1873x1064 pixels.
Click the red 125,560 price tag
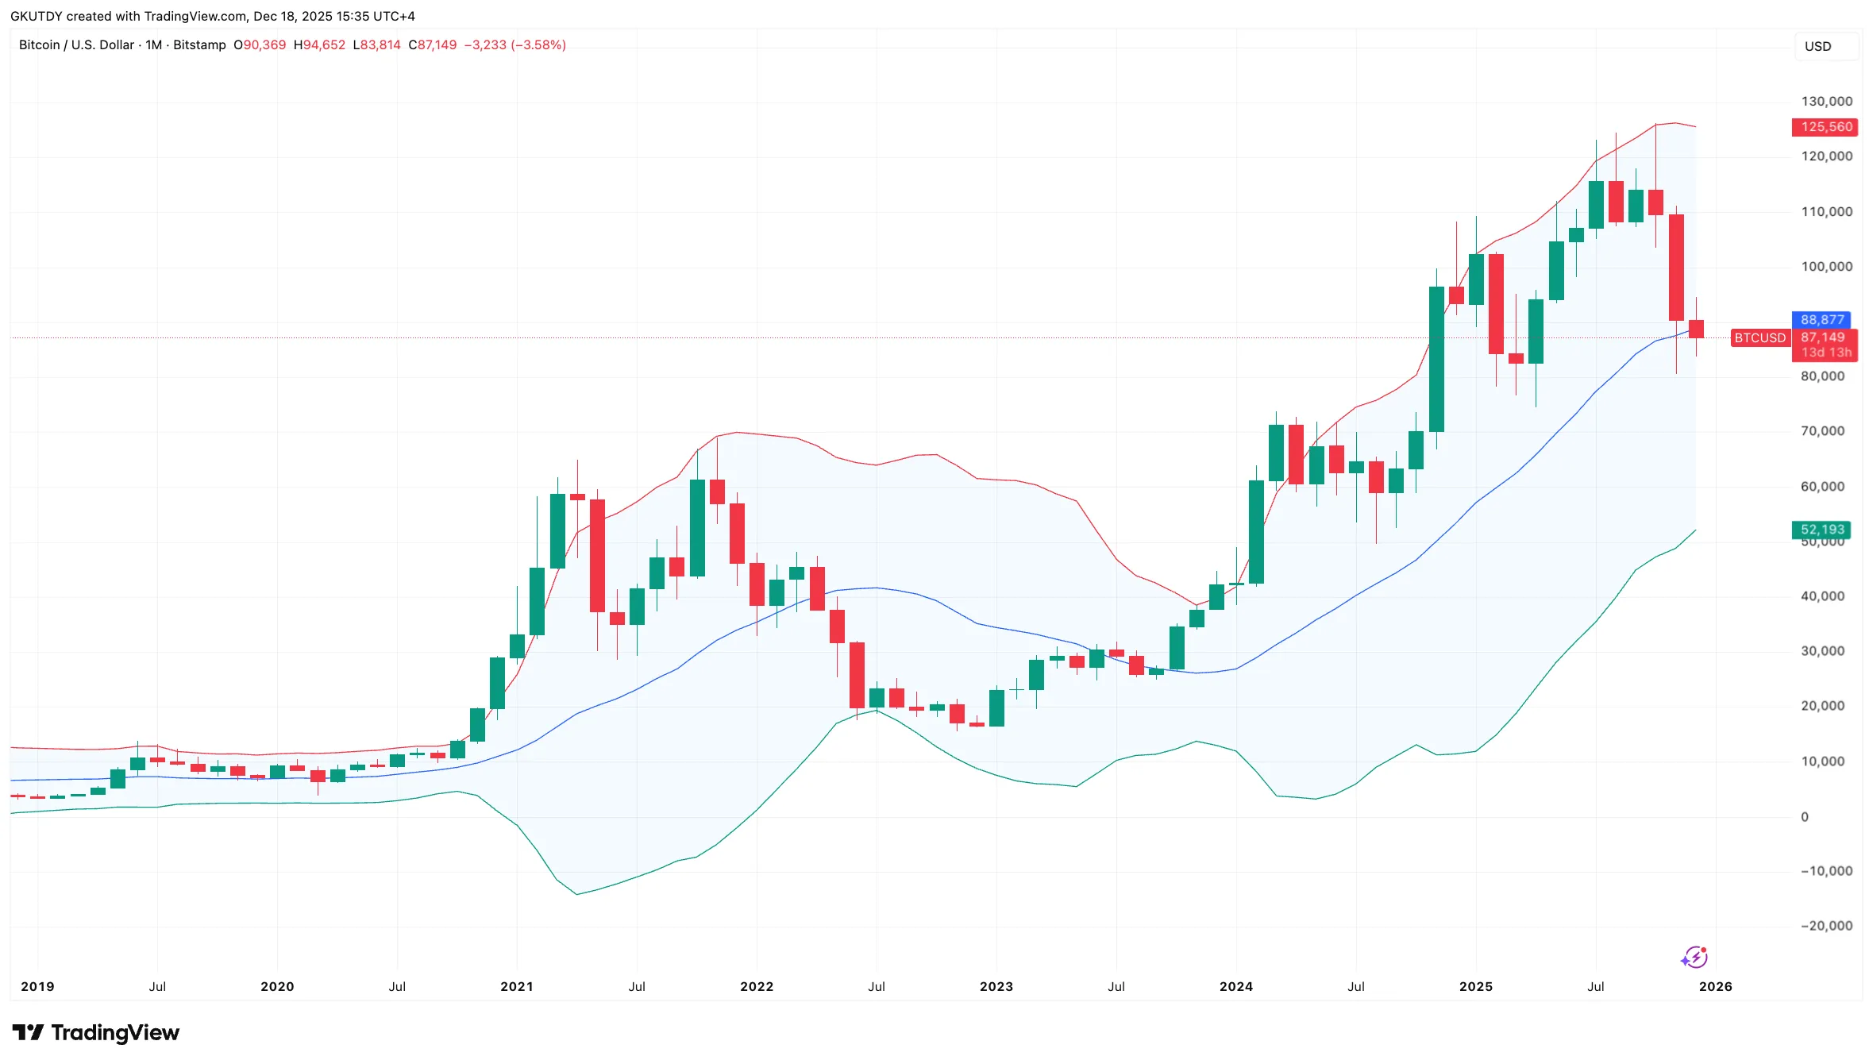click(x=1825, y=127)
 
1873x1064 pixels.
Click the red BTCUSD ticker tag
click(x=1759, y=338)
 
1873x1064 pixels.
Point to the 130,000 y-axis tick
click(x=1826, y=102)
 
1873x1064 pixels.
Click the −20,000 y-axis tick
click(x=1825, y=926)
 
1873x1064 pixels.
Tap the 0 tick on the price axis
click(x=1805, y=817)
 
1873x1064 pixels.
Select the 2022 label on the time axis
click(x=756, y=987)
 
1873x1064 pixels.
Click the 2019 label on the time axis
click(x=37, y=987)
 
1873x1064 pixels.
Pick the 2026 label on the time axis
click(x=1715, y=987)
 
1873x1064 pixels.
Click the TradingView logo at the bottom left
click(x=95, y=1033)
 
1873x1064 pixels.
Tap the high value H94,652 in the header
click(x=319, y=45)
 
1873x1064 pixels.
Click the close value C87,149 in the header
click(x=433, y=45)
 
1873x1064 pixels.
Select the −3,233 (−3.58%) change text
click(x=514, y=45)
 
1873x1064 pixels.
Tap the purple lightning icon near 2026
click(x=1694, y=958)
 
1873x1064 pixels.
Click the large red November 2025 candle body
click(x=1676, y=268)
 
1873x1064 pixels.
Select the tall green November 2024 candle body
click(x=1436, y=359)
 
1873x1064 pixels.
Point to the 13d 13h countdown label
click(x=1825, y=353)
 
